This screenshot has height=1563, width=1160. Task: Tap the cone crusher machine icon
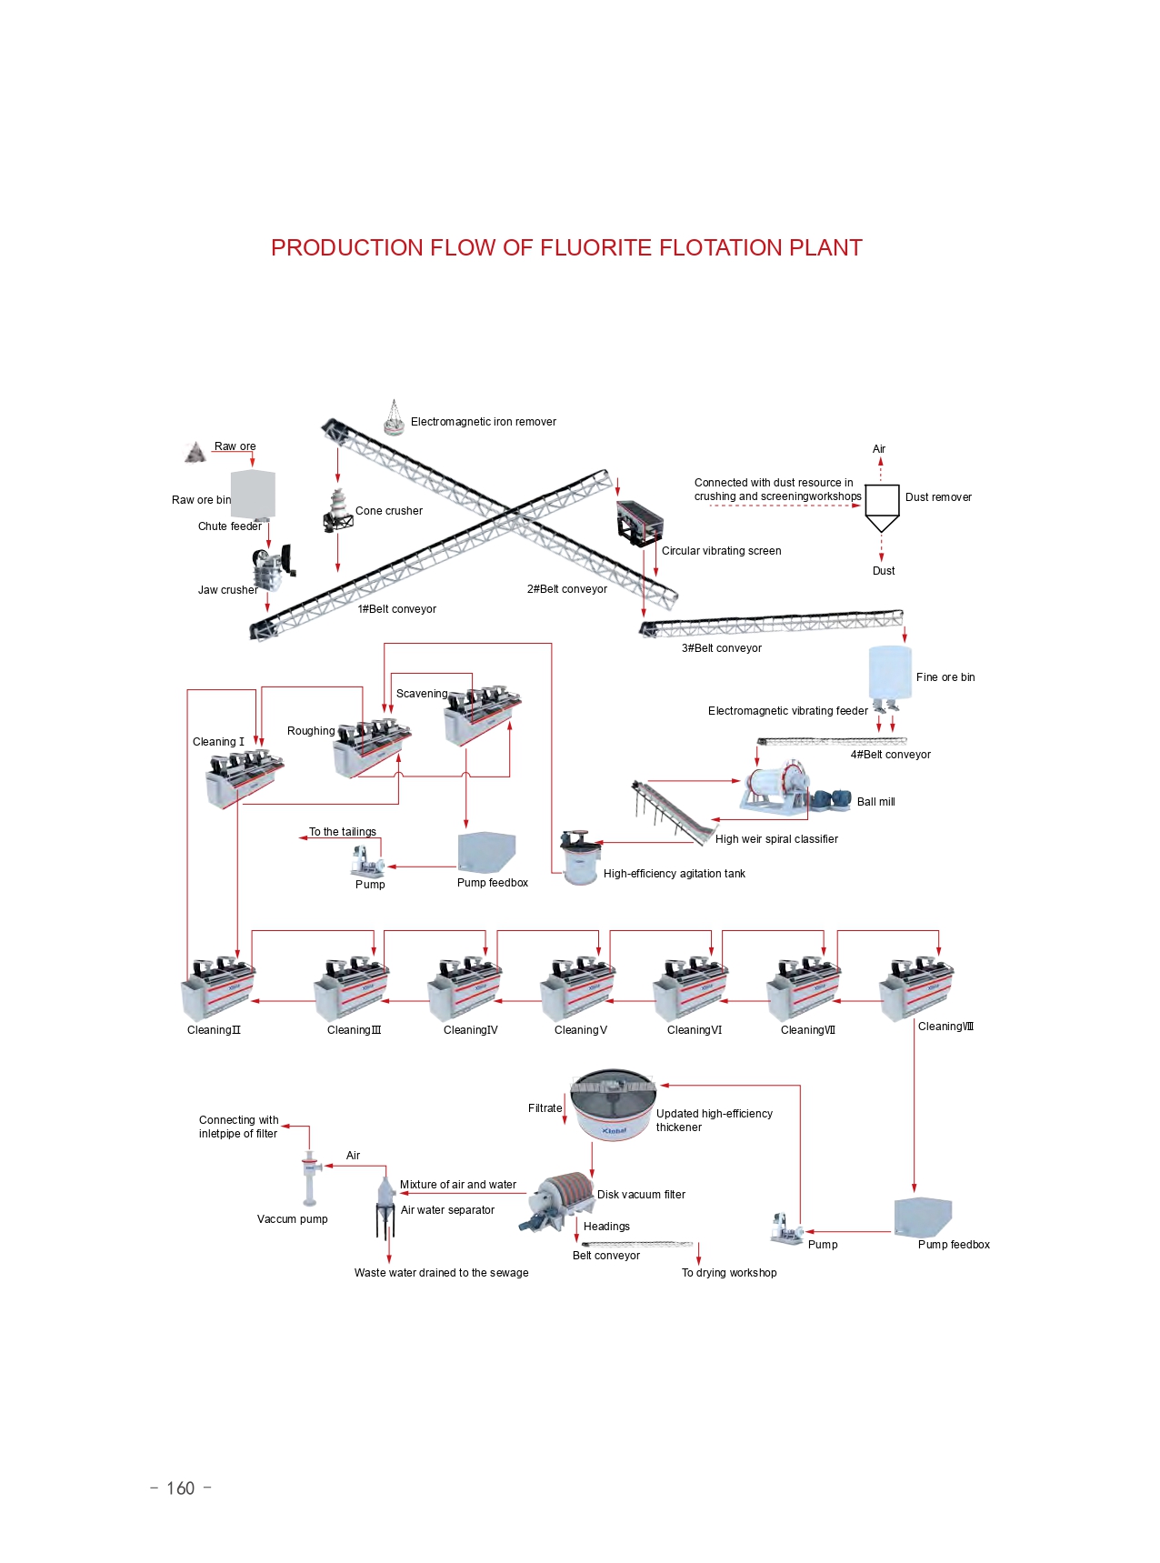click(x=337, y=511)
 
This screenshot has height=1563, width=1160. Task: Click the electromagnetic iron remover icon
click(x=394, y=419)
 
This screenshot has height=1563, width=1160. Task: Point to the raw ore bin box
click(x=253, y=494)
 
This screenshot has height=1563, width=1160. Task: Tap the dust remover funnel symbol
click(x=882, y=507)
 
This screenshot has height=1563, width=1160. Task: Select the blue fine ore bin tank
click(x=889, y=672)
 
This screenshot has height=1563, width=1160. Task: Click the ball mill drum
click(x=777, y=784)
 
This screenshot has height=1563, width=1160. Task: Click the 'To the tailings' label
click(x=343, y=832)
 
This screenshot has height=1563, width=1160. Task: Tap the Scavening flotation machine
click(x=482, y=715)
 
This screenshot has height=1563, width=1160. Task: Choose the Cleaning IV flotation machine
click(x=465, y=988)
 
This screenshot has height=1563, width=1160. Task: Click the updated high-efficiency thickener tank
click(x=613, y=1104)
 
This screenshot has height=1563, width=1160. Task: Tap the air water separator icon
click(x=385, y=1207)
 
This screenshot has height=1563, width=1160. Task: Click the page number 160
click(x=180, y=1488)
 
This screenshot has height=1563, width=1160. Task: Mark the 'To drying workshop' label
click(x=729, y=1273)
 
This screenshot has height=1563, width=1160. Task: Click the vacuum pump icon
click(x=310, y=1177)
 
